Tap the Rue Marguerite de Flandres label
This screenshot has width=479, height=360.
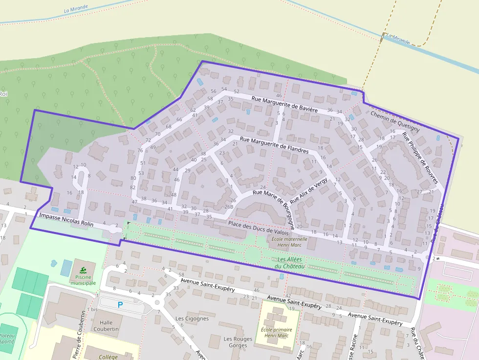[x=274, y=146]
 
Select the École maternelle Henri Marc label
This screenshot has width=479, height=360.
[x=289, y=242]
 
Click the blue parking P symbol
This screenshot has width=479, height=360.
[x=120, y=304]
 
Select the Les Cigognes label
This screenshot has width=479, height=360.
[x=192, y=318]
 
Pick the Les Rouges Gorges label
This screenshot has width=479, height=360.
[x=238, y=342]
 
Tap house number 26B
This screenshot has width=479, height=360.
[x=228, y=207]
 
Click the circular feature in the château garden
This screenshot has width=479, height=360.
[x=253, y=254]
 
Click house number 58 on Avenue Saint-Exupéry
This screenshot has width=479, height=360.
[x=181, y=275]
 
